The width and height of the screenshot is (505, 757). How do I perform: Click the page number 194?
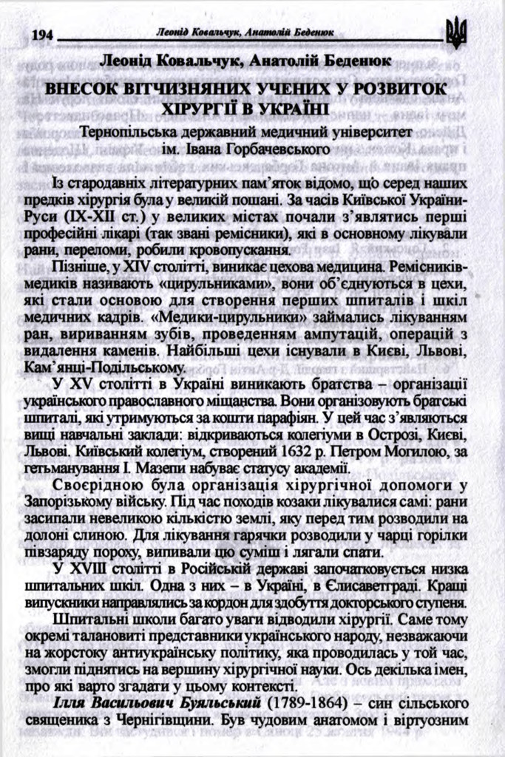click(x=42, y=35)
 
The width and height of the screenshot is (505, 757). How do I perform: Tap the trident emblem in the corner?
click(x=456, y=34)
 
